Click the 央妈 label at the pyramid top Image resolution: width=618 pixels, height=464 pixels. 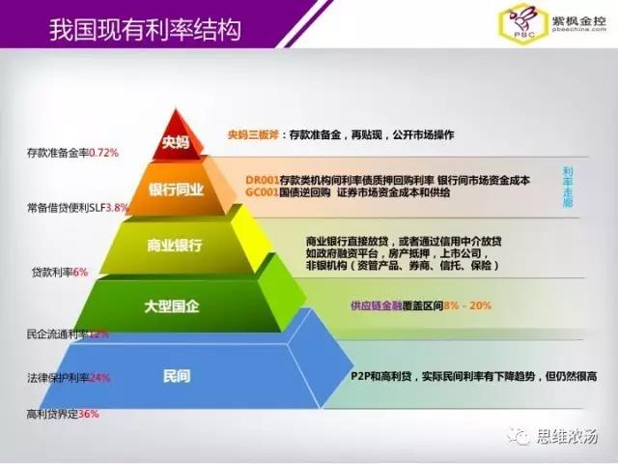[x=176, y=146]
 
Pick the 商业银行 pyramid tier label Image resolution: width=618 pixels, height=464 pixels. [x=175, y=246]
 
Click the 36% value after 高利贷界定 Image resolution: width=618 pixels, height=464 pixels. [x=89, y=414]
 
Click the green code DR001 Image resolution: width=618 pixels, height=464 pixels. [x=262, y=180]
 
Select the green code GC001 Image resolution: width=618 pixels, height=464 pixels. [x=262, y=192]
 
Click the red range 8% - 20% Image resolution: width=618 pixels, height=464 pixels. [x=467, y=305]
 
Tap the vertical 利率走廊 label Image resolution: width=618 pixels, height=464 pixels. [x=568, y=188]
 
